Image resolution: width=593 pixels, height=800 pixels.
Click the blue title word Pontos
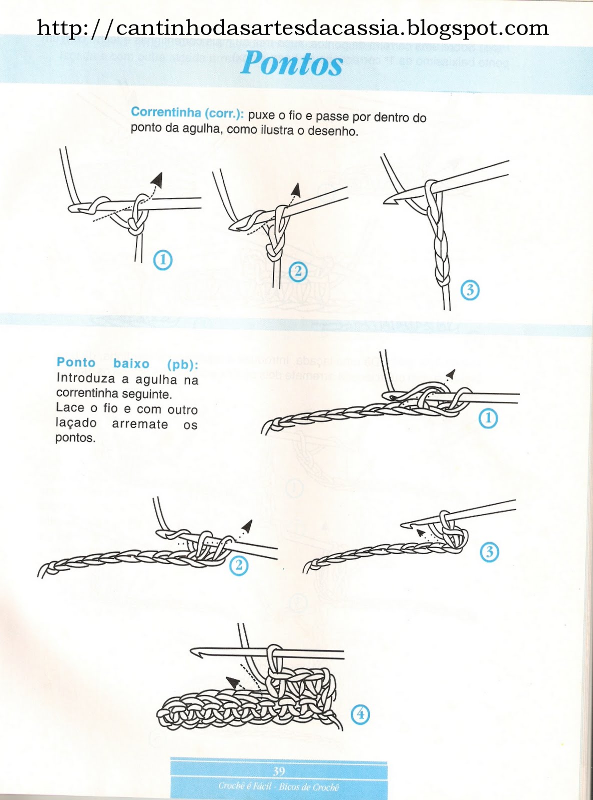(x=292, y=64)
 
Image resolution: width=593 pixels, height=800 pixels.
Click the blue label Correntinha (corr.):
(x=187, y=113)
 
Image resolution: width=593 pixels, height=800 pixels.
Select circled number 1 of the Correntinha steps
(x=163, y=260)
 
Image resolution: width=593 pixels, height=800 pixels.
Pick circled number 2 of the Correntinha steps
(x=298, y=271)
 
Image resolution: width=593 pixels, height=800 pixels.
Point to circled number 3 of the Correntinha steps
(x=470, y=290)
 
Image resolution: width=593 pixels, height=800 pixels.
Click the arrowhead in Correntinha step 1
(x=158, y=179)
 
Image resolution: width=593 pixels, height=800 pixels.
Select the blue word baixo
(x=131, y=363)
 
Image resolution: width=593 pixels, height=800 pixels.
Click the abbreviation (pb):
(x=182, y=364)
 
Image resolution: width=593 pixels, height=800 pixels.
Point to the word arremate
(x=140, y=424)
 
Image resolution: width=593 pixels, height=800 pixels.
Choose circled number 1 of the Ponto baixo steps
(x=488, y=418)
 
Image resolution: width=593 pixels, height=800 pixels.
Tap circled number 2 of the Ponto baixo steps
(x=239, y=565)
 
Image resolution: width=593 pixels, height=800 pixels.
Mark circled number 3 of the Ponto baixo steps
(x=489, y=552)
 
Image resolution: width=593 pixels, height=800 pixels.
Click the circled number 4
(x=360, y=714)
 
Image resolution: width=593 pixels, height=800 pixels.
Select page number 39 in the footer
(x=279, y=771)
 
